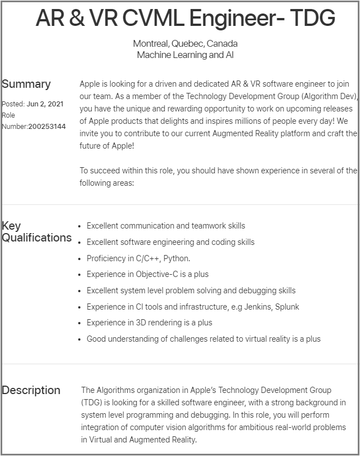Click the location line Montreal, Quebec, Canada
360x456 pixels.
click(x=185, y=43)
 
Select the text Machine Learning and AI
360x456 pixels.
click(x=185, y=55)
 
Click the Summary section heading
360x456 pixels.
click(x=26, y=84)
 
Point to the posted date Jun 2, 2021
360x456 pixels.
click(x=45, y=104)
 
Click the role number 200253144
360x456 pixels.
click(x=47, y=127)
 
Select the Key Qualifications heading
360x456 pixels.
click(x=37, y=232)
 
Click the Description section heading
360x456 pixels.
click(x=31, y=390)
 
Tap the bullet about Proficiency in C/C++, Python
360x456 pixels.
click(x=138, y=258)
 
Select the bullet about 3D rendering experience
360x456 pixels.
click(x=149, y=323)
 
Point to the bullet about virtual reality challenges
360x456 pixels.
click(x=203, y=339)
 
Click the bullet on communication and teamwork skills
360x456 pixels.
click(x=165, y=226)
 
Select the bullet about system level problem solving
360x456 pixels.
click(x=191, y=290)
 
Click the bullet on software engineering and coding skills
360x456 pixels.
click(x=170, y=242)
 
